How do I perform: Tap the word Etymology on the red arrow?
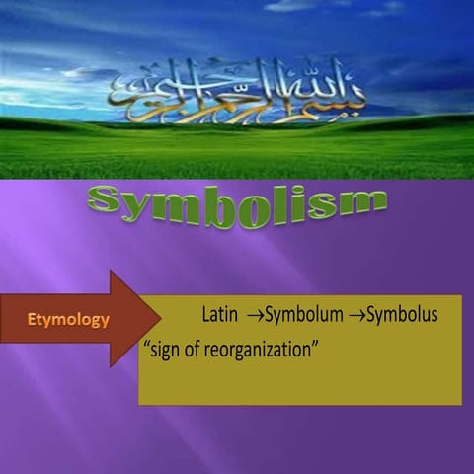click(68, 320)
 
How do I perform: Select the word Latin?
click(220, 316)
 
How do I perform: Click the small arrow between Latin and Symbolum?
click(253, 317)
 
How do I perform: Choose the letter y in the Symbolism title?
click(139, 209)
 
